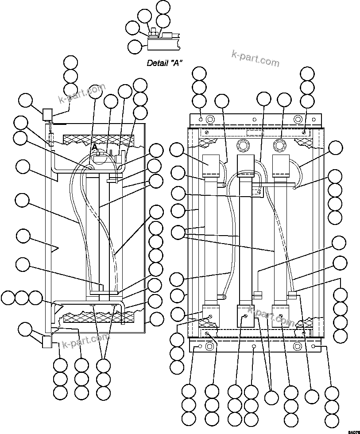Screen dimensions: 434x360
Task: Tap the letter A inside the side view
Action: click(x=94, y=147)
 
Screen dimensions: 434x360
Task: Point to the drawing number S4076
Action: click(x=353, y=431)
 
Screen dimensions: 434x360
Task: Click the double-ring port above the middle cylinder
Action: click(x=243, y=145)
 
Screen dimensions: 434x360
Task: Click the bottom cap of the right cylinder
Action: click(x=281, y=314)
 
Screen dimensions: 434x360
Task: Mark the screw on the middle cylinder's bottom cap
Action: click(x=245, y=316)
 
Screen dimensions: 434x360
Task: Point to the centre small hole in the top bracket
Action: click(x=254, y=119)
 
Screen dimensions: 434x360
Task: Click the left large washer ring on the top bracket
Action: click(x=210, y=119)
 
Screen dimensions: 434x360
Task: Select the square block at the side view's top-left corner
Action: click(x=47, y=114)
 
